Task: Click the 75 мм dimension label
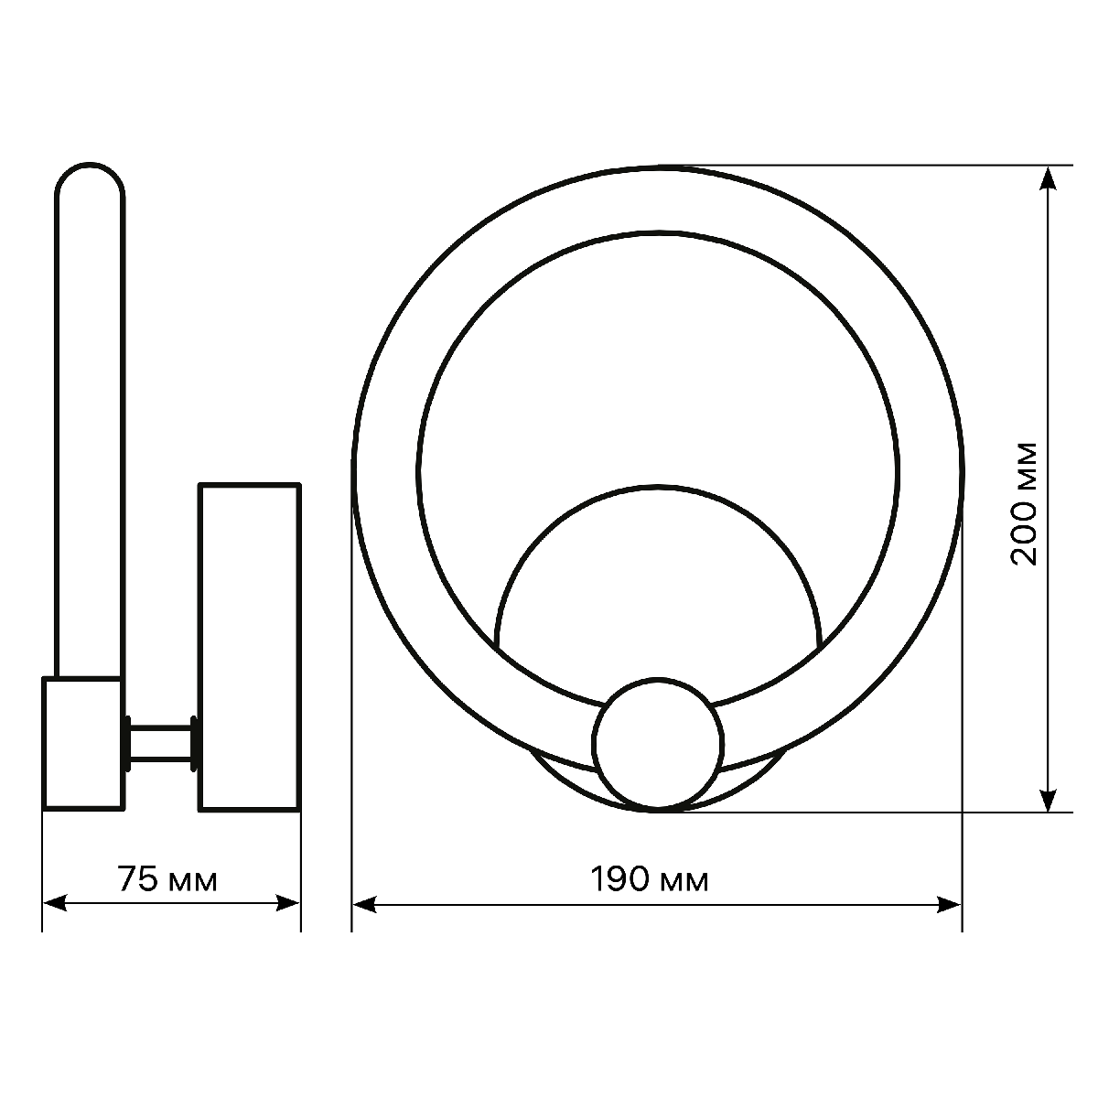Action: click(168, 880)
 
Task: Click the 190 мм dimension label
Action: click(650, 880)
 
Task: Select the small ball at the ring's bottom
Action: click(658, 744)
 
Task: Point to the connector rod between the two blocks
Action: click(161, 743)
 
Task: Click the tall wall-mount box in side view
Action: click(250, 647)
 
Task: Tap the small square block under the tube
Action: click(82, 743)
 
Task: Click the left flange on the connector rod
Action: click(128, 743)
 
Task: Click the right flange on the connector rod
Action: click(193, 743)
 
